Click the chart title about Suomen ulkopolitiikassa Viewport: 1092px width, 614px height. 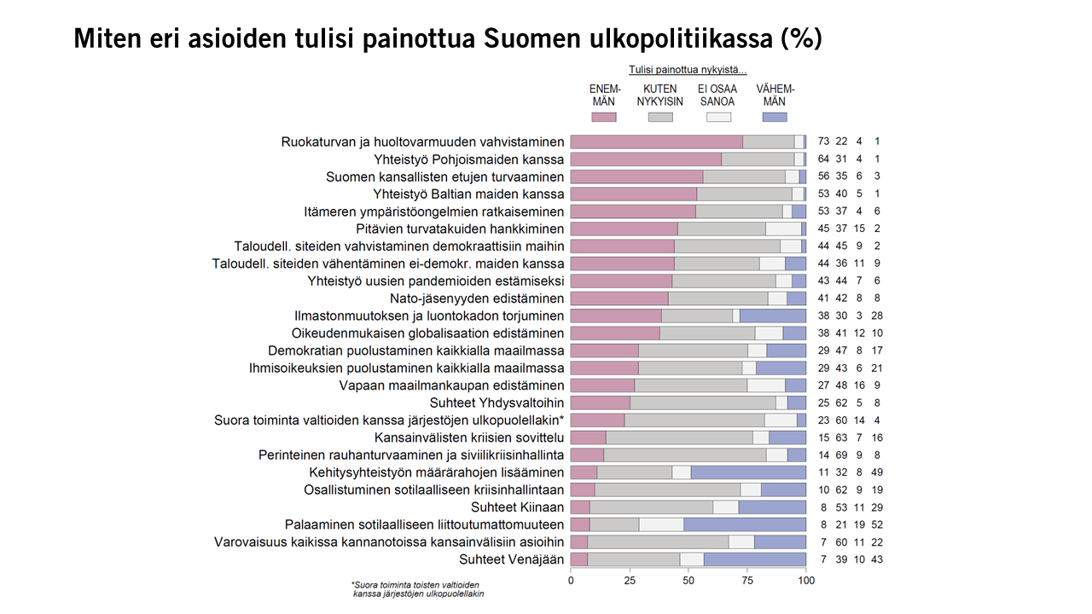pyautogui.click(x=448, y=38)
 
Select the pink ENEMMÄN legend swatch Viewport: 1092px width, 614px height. pyautogui.click(x=604, y=117)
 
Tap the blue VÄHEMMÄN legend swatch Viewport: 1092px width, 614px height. pyautogui.click(x=775, y=117)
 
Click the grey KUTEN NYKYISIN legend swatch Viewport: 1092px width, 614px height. pyautogui.click(x=660, y=117)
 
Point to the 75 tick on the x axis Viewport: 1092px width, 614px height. pyautogui.click(x=747, y=582)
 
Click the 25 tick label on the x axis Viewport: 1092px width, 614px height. pyautogui.click(x=630, y=582)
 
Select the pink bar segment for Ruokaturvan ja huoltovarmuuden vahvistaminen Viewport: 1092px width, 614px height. pyautogui.click(x=656, y=142)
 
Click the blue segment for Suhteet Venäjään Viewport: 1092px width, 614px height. pyautogui.click(x=755, y=559)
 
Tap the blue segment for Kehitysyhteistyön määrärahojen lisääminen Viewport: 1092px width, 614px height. pyautogui.click(x=748, y=472)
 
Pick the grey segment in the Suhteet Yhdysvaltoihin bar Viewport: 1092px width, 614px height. pyautogui.click(x=703, y=403)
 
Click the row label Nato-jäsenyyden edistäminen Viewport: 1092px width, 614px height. pyautogui.click(x=477, y=298)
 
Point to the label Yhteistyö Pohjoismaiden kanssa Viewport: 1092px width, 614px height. pyautogui.click(x=469, y=159)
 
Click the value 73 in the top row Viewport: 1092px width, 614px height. pyautogui.click(x=824, y=142)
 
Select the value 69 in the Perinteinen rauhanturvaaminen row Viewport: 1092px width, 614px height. pyautogui.click(x=841, y=455)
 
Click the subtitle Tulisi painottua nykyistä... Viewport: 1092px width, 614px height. pyautogui.click(x=688, y=70)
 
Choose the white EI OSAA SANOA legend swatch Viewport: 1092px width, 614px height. pyautogui.click(x=718, y=117)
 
